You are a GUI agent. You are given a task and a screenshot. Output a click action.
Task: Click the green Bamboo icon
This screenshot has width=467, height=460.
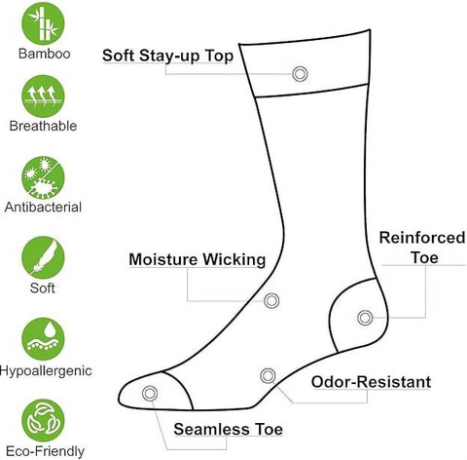click(x=43, y=23)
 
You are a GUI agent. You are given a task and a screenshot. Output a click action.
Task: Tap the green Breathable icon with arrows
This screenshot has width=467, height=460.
click(x=43, y=96)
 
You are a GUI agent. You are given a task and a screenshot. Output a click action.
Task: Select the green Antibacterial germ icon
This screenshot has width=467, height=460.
click(x=43, y=177)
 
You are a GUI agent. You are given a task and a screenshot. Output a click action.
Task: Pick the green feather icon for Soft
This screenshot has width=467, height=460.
click(x=43, y=257)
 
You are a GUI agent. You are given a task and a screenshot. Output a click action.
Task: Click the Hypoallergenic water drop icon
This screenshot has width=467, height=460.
click(x=43, y=339)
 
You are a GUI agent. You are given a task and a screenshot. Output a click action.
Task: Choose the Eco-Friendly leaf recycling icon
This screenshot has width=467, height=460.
click(x=43, y=421)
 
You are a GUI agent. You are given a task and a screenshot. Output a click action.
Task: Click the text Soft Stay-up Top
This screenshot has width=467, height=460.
click(x=167, y=56)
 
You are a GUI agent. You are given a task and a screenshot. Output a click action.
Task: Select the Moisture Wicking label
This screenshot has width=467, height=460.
click(x=198, y=259)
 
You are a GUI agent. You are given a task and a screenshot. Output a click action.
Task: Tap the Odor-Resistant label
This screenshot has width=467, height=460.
click(x=371, y=382)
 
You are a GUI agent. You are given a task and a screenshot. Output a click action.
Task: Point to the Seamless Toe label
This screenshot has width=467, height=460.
click(x=228, y=429)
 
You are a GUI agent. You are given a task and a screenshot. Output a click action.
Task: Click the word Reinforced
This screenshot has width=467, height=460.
click(x=422, y=238)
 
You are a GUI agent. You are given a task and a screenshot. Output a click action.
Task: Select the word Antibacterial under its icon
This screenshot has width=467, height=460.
click(x=43, y=208)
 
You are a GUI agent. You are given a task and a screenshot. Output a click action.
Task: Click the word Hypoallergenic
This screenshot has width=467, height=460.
click(x=46, y=371)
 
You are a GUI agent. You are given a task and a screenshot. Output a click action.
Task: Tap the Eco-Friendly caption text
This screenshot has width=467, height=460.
click(x=45, y=451)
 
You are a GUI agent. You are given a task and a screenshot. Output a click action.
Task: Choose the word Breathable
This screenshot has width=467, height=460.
click(x=43, y=126)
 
